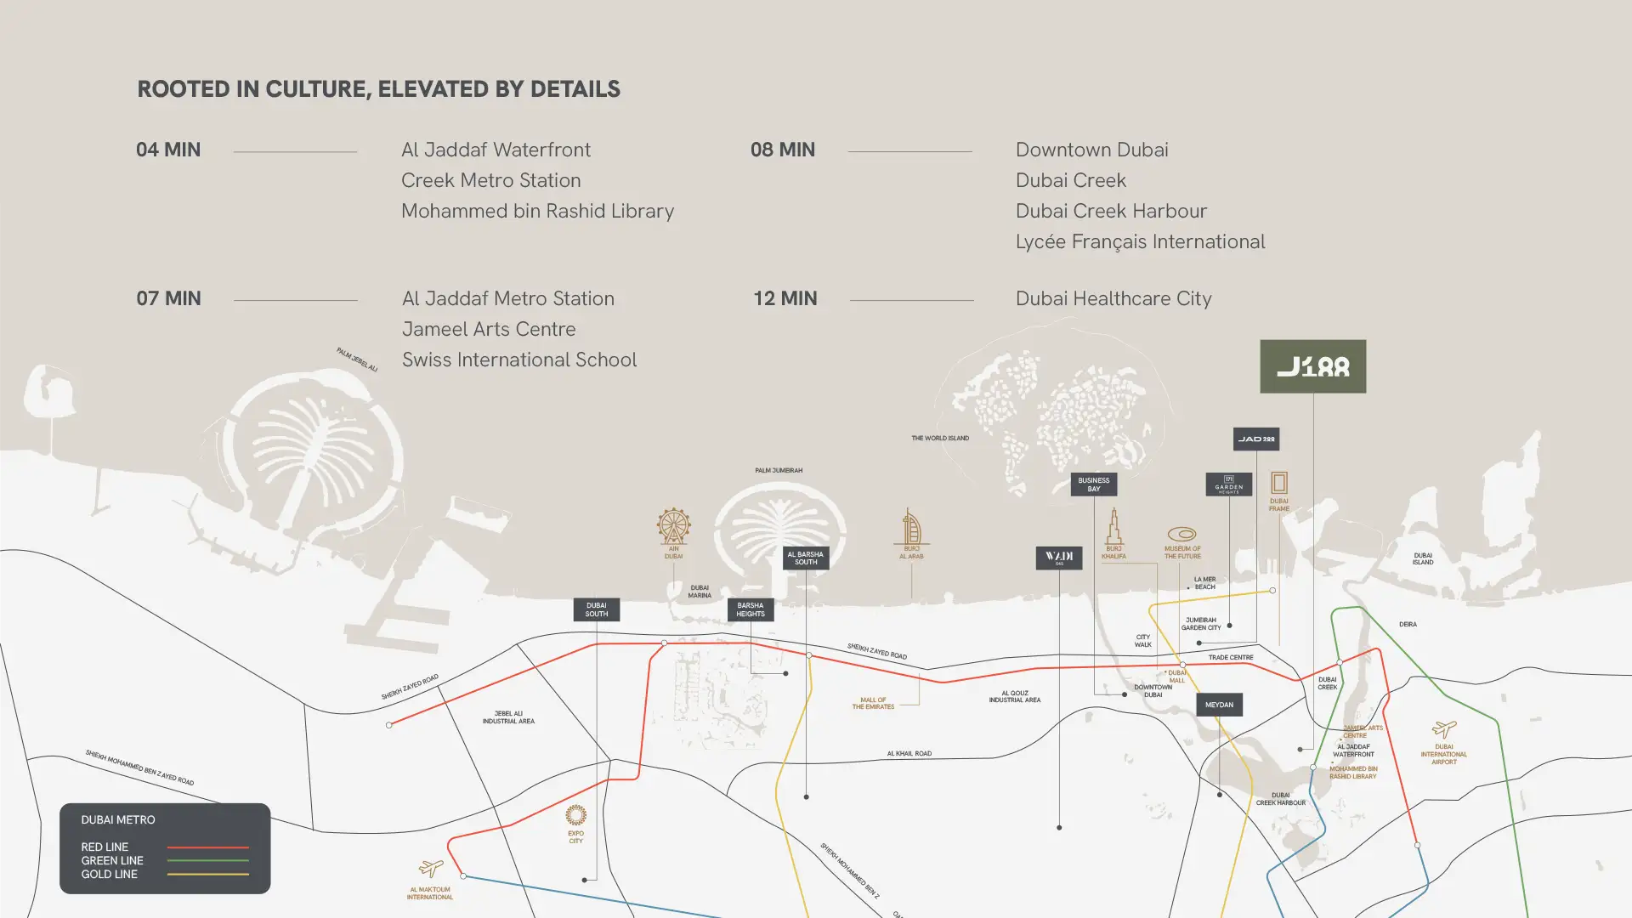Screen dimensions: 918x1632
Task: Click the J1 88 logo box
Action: coord(1312,366)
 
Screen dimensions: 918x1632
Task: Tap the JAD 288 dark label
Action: coord(1255,439)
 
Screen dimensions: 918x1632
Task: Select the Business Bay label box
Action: coord(1093,484)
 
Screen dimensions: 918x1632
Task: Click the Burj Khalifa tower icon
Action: coord(1113,526)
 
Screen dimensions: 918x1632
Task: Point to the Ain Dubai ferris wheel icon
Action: coord(673,526)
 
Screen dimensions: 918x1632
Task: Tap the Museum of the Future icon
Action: coord(1181,534)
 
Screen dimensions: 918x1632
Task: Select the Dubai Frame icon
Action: coord(1278,483)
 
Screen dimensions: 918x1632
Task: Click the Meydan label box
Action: coord(1219,705)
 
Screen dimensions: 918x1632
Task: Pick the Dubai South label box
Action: coord(596,609)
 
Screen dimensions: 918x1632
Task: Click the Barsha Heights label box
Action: coord(750,609)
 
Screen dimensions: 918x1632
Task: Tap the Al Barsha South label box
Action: coord(805,558)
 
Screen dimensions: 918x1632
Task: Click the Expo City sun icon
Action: coord(575,815)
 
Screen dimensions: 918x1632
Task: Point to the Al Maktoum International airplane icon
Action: coord(431,868)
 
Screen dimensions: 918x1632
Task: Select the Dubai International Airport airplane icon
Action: coord(1443,729)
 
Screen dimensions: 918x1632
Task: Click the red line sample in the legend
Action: coord(207,847)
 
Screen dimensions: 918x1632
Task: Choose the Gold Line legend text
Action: coord(109,875)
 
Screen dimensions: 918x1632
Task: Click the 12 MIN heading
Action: coord(785,298)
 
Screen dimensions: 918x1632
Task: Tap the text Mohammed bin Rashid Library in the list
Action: coord(537,211)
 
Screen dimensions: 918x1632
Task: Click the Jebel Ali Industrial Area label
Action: coord(508,717)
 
